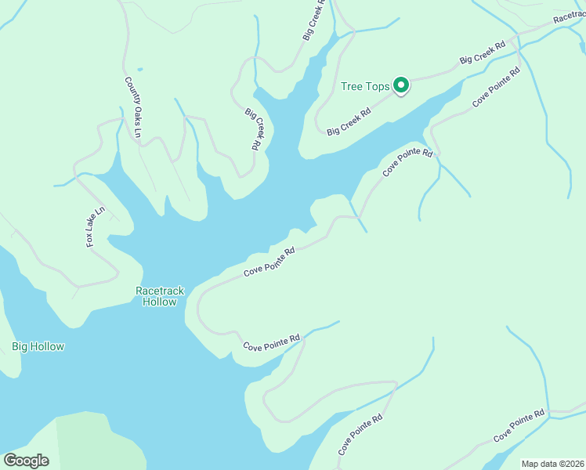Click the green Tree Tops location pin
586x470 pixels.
(x=401, y=85)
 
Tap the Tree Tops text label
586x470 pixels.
(x=365, y=86)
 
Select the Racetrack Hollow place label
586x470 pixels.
(x=160, y=296)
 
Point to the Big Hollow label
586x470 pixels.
(x=38, y=346)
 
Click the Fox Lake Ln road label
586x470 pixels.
(x=95, y=227)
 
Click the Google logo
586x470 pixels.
(x=26, y=461)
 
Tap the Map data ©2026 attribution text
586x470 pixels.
(x=552, y=464)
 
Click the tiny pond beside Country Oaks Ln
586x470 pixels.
(x=140, y=70)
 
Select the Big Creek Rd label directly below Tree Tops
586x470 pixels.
(x=348, y=121)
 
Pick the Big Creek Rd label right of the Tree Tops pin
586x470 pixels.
(x=482, y=54)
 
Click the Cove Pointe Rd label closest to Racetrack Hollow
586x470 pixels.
(x=269, y=262)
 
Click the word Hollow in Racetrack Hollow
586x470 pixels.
(x=160, y=302)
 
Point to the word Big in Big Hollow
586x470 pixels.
(x=20, y=346)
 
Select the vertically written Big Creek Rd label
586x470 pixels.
(x=252, y=129)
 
